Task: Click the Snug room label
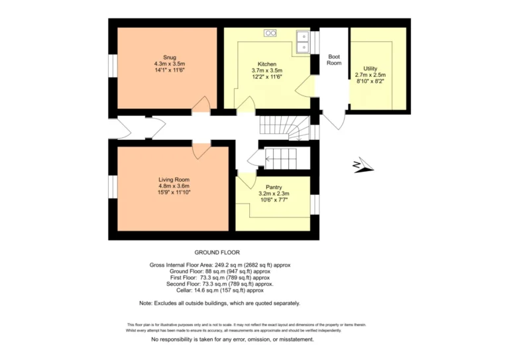[170, 58]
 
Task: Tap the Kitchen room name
[267, 64]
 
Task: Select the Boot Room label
[334, 60]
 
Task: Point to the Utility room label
[370, 68]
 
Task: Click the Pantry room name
[274, 188]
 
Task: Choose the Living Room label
[174, 180]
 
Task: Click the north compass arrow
[364, 165]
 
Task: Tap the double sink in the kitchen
[303, 42]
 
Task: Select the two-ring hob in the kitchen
[270, 32]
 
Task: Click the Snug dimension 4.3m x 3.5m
[170, 64]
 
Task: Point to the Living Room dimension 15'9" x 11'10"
[174, 192]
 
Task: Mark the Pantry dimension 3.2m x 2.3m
[274, 194]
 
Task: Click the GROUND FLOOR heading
[217, 252]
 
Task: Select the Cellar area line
[220, 290]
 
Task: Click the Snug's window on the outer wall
[113, 66]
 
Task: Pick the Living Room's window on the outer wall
[113, 187]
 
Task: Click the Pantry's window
[315, 204]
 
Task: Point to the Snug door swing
[201, 104]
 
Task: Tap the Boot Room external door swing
[334, 120]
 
